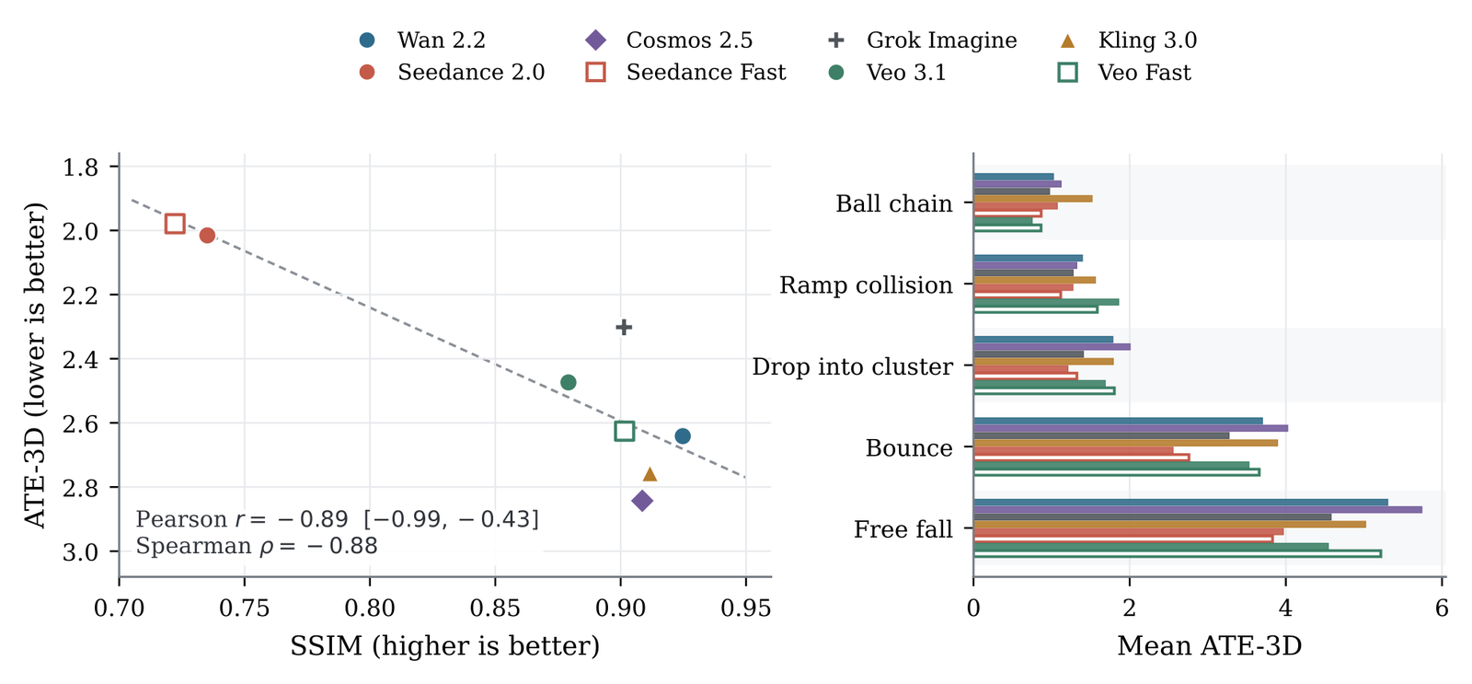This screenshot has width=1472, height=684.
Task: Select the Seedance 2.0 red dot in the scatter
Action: (x=207, y=236)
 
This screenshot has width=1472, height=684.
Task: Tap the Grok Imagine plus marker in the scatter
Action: (x=624, y=327)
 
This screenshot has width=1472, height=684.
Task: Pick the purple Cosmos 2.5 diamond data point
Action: (x=642, y=501)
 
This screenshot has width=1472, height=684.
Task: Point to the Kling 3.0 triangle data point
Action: (x=650, y=474)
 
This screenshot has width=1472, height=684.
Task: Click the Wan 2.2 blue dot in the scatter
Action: (x=683, y=436)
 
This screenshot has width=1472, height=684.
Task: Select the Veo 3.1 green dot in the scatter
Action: (x=569, y=382)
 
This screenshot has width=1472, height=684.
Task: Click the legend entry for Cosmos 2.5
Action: (x=670, y=40)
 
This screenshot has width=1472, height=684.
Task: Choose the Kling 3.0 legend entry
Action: (x=1129, y=40)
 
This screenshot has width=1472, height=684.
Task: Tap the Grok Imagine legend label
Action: (x=942, y=41)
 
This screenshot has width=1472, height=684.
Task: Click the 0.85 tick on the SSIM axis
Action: (x=495, y=609)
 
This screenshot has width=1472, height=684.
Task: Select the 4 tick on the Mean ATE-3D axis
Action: (x=1285, y=609)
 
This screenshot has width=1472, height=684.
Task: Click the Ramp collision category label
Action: (x=866, y=285)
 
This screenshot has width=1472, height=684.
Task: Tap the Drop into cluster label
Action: (x=852, y=367)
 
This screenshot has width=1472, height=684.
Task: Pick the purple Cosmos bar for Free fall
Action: (x=1197, y=510)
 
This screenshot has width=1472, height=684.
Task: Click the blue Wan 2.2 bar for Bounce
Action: (x=1118, y=421)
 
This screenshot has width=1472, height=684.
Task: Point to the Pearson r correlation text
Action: (x=337, y=519)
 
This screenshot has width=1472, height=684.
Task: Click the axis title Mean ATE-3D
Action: (x=1209, y=646)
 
